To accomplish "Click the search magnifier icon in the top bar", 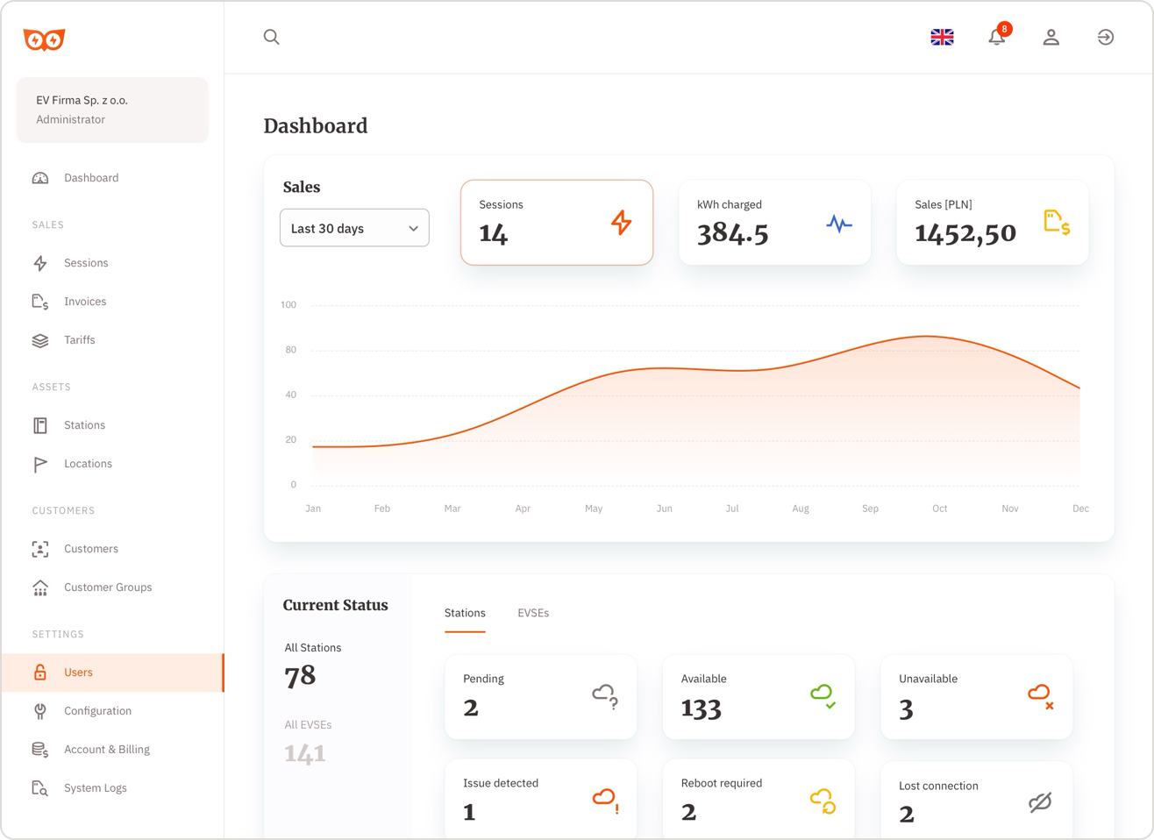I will tap(272, 37).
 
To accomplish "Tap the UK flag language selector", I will tap(942, 37).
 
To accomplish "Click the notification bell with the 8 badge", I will tap(997, 37).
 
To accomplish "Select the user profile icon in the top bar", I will tap(1051, 37).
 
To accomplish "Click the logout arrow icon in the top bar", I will tap(1105, 37).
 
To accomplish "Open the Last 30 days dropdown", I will tap(354, 228).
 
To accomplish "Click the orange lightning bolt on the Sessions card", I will tap(621, 223).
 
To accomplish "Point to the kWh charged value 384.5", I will tap(732, 233).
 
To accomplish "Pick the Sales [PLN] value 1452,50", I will tap(965, 233).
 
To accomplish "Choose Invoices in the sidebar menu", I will tap(85, 302).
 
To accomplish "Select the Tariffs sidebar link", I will tap(79, 340).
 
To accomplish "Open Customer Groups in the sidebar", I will tap(108, 587).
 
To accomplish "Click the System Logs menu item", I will tap(95, 788).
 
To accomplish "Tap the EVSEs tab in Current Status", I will tap(533, 613).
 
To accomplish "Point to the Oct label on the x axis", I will tap(939, 509).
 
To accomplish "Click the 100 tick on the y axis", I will tap(288, 305).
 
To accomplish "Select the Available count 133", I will tap(701, 708).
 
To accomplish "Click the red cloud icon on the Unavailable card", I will tap(1040, 696).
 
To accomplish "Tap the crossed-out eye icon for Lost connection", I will tap(1040, 802).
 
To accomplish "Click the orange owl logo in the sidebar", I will tap(44, 39).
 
